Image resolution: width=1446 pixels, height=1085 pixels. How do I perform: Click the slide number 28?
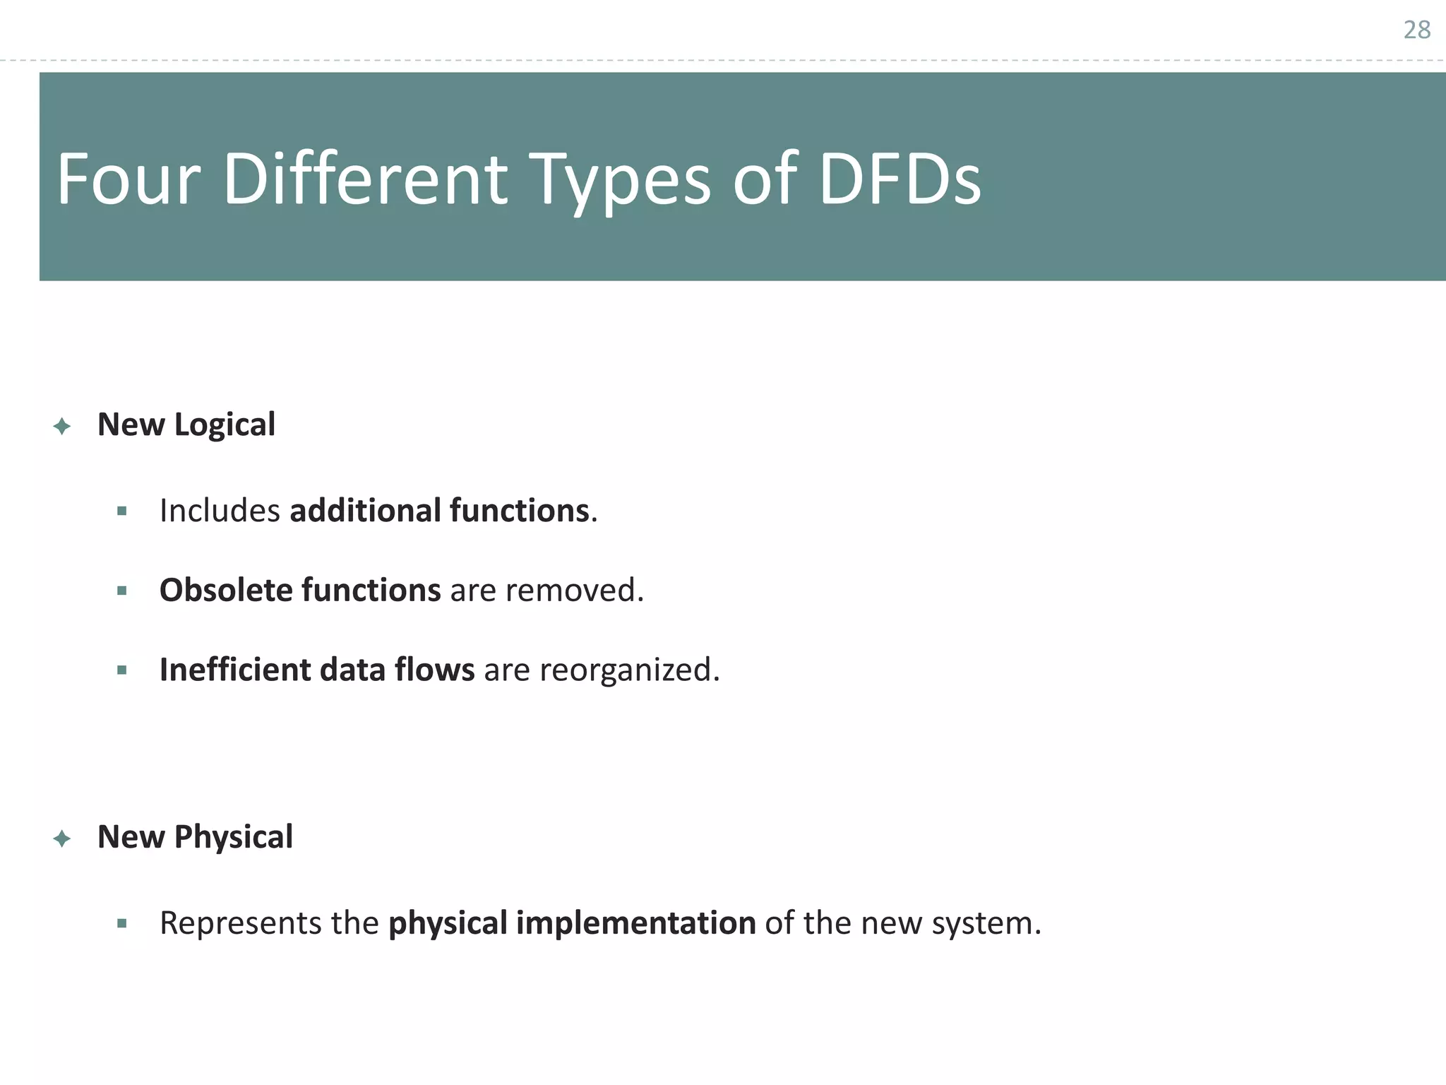pyautogui.click(x=1416, y=30)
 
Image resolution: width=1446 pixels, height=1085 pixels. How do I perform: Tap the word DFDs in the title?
pyautogui.click(x=900, y=180)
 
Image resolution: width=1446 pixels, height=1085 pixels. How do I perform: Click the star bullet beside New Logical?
pyautogui.click(x=62, y=426)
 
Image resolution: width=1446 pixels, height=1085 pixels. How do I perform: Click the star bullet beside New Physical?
pyautogui.click(x=62, y=838)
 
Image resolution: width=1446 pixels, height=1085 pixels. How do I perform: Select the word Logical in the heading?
pyautogui.click(x=225, y=425)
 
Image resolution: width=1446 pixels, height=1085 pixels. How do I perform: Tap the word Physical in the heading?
pyautogui.click(x=233, y=838)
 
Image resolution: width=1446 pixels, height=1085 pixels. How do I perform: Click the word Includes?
pyautogui.click(x=220, y=511)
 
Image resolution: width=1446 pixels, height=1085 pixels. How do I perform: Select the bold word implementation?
pyautogui.click(x=635, y=924)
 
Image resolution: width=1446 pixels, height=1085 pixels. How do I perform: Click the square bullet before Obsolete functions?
pyautogui.click(x=122, y=591)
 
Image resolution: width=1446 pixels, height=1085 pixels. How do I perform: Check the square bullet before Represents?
pyautogui.click(x=122, y=923)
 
